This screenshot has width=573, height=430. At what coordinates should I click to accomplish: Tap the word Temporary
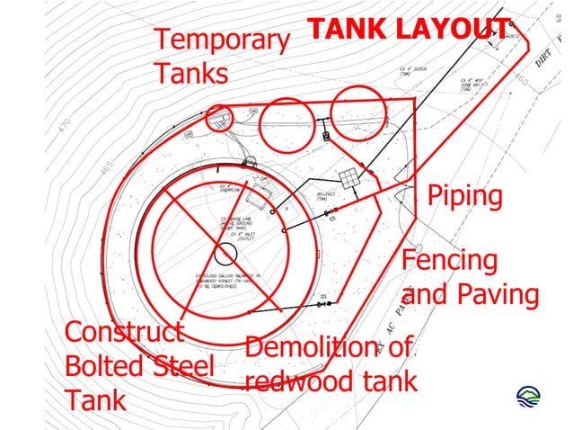point(222,41)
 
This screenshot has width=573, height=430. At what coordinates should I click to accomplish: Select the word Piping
point(463,195)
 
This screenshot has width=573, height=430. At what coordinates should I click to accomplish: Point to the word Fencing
point(449,261)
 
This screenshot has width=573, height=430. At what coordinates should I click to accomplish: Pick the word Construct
point(124,332)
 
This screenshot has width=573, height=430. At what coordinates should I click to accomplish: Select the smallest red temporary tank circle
point(219,117)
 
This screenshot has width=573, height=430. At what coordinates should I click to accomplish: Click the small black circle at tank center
point(225,251)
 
